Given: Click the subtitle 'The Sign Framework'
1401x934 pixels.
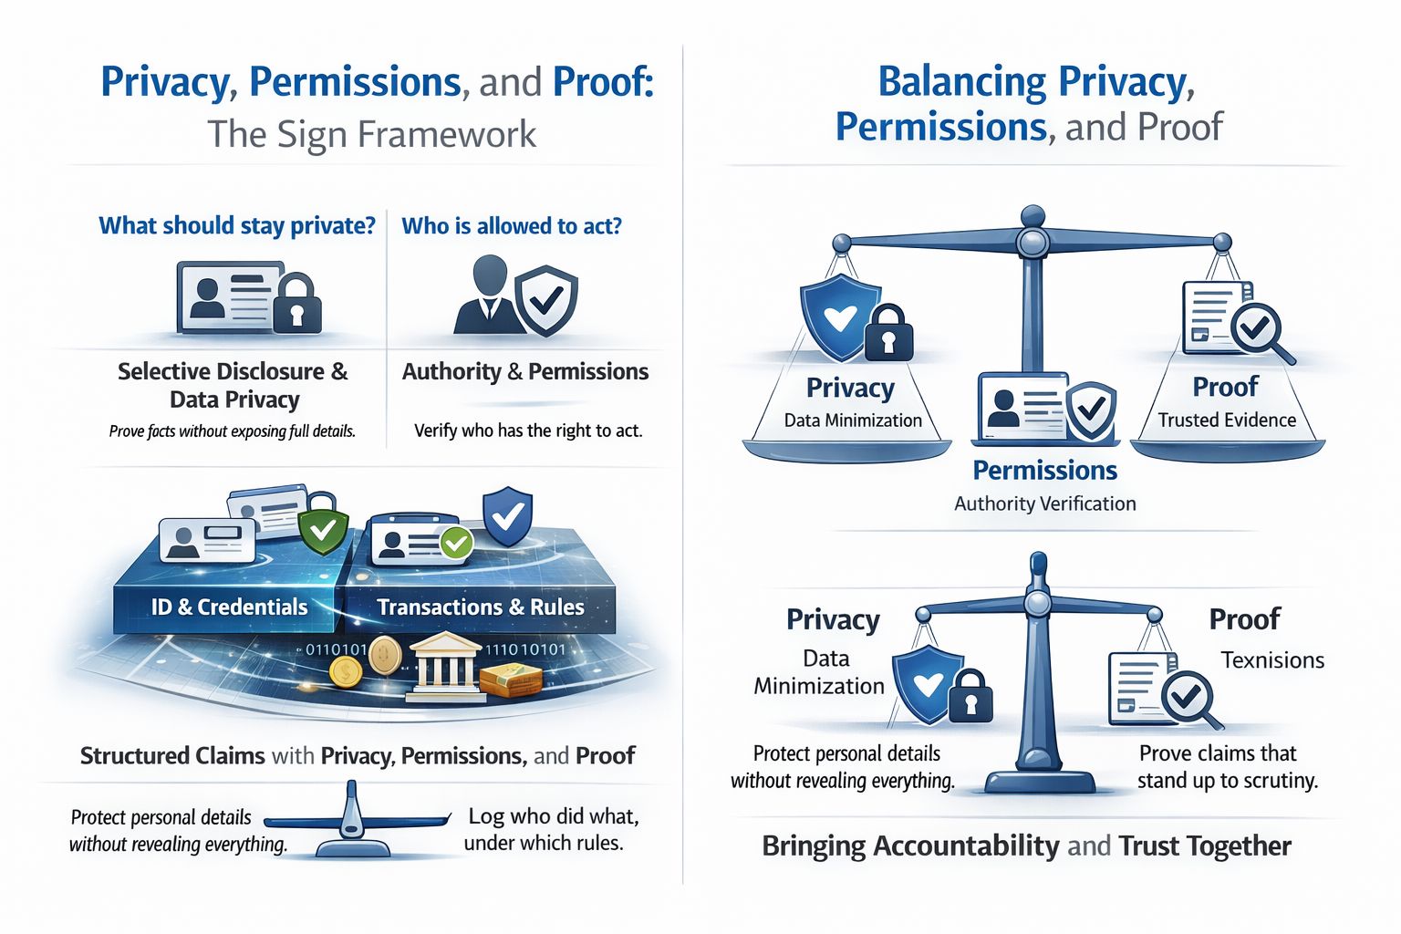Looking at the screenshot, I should coord(371,134).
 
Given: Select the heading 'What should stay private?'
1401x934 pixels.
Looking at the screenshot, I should coord(236,225).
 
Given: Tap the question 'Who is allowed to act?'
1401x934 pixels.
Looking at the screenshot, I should coord(512,225).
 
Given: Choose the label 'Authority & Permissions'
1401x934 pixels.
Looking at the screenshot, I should coord(524,371).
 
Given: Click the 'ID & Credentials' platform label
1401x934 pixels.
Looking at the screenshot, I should coord(229,607).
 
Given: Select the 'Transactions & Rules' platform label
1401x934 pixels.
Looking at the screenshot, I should coord(480,607).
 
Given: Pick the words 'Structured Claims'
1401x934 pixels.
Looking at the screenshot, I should coord(172,755).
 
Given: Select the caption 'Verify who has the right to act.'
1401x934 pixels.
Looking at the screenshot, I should coord(528,431).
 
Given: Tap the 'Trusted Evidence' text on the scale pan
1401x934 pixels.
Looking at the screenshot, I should coord(1227,420).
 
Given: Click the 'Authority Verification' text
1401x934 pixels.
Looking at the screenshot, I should coord(1044,503).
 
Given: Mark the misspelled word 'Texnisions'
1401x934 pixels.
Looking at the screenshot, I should coord(1272,659).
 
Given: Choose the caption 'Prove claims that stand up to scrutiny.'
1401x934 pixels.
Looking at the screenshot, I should coord(1227,766).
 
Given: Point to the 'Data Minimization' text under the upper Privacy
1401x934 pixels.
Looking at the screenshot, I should coord(853,420).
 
